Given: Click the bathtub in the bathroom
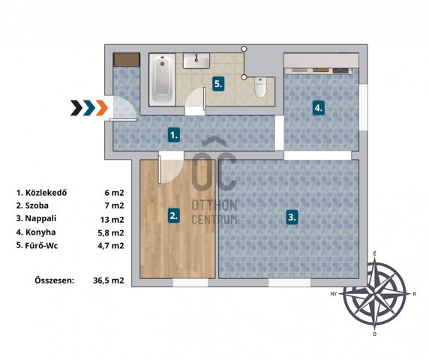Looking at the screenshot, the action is (162, 79).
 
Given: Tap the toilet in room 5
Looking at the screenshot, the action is (260, 88).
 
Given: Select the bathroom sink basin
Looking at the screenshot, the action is (196, 61).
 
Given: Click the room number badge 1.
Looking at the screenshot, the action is (174, 134).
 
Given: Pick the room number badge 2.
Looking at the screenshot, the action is (174, 215).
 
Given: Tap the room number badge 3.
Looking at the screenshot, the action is (292, 217).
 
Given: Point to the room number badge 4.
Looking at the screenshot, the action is (319, 108).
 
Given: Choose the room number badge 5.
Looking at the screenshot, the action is (218, 84).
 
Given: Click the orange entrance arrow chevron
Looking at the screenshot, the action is (102, 108).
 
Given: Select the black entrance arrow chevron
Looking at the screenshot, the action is (76, 108).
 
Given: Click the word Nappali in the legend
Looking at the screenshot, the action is (40, 218).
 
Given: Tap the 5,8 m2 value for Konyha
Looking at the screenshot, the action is (111, 232).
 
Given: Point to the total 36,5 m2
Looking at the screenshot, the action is (108, 280).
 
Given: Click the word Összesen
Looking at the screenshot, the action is (55, 280).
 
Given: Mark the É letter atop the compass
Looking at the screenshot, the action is (374, 254).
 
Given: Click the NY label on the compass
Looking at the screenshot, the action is (334, 294).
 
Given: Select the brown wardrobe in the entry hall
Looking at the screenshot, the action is (127, 60).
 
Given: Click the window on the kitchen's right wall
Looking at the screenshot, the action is (363, 107).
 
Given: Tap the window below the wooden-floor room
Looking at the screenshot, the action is (190, 283).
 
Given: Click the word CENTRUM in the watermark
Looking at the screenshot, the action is (214, 220).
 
